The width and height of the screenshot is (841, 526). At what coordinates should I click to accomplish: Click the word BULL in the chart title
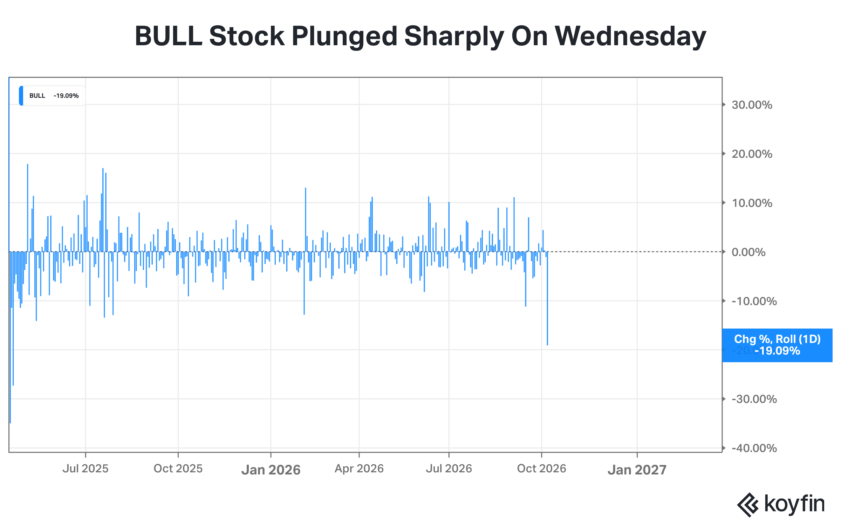click(x=169, y=36)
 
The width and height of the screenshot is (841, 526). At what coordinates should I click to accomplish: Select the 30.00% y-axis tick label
click(x=752, y=105)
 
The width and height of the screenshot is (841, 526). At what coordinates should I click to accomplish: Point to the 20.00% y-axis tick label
click(x=752, y=154)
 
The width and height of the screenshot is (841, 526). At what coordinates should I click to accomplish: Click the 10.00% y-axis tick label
click(x=752, y=203)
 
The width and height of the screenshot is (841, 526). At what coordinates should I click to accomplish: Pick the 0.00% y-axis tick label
click(x=748, y=252)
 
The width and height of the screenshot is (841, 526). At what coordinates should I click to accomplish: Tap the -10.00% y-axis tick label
click(x=754, y=301)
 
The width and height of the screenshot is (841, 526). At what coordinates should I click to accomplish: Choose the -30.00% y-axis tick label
click(x=754, y=399)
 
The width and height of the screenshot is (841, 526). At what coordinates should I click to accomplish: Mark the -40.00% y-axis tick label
click(x=754, y=448)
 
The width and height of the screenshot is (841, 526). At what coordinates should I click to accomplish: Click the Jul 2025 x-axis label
click(x=86, y=469)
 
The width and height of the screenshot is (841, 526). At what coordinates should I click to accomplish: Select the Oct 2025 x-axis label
click(x=178, y=469)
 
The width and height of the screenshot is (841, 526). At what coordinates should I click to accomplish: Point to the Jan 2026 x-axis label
click(x=271, y=470)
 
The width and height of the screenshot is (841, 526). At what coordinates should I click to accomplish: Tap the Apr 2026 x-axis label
click(x=359, y=469)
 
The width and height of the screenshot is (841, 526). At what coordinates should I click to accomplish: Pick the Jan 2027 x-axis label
click(x=637, y=470)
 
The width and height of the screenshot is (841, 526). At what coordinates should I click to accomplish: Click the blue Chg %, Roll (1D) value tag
click(x=777, y=345)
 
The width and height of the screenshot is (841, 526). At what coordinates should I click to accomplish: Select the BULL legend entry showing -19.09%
click(x=52, y=96)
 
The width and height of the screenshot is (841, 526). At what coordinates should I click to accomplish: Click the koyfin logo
click(x=781, y=504)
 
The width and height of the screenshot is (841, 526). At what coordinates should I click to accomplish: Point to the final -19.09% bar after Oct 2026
click(x=547, y=298)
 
